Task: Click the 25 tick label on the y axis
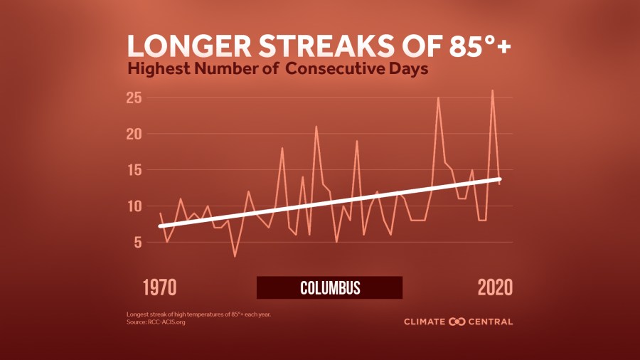135,97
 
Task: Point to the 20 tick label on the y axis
135,134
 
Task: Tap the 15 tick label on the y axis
135,170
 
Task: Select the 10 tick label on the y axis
135,206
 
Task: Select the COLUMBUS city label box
329,287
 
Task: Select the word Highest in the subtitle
159,70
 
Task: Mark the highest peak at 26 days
492,90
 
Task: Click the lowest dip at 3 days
235,256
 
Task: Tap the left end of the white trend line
160,226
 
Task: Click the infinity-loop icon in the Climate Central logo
457,322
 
